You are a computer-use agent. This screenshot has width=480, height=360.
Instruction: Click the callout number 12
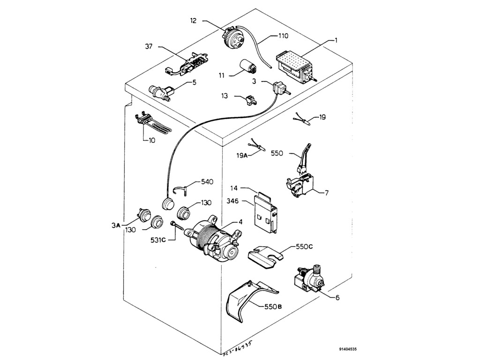tap(193, 21)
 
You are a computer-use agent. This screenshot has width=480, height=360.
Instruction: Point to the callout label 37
tap(149, 46)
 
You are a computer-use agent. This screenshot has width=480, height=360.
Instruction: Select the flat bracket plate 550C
tap(265, 256)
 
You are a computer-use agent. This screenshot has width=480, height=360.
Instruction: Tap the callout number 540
tap(207, 181)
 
